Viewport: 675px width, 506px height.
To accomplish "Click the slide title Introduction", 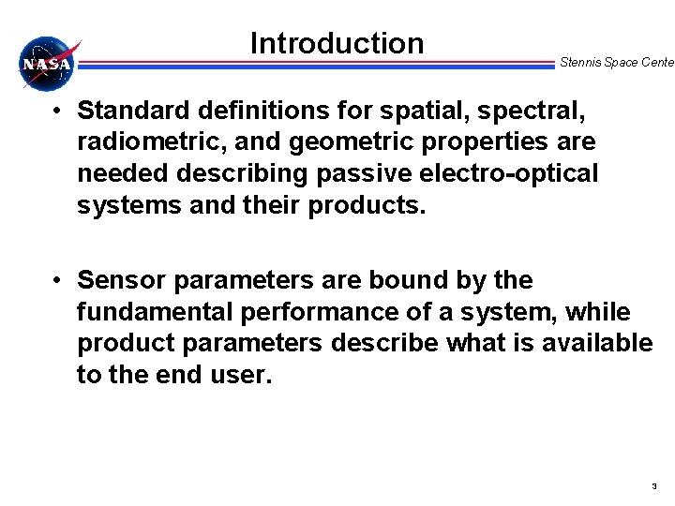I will [x=337, y=43].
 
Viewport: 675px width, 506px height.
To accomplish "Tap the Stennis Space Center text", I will [x=616, y=63].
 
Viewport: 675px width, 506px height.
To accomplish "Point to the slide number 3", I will [x=653, y=486].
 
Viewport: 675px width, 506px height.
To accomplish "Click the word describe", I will [x=384, y=343].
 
